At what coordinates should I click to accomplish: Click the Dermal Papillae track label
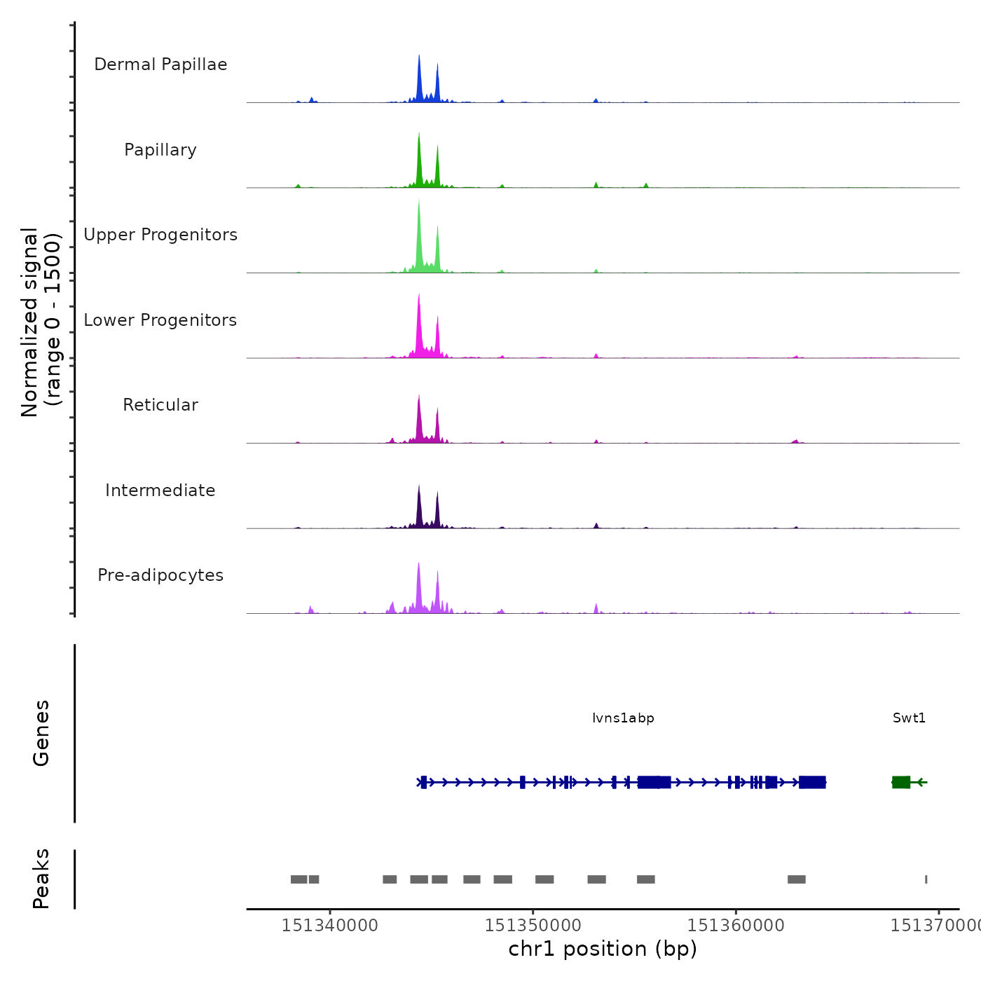click(x=160, y=64)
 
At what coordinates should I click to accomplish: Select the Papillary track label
click(x=160, y=150)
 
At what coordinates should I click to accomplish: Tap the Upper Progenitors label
click(x=160, y=235)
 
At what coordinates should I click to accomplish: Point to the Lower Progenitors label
click(x=160, y=320)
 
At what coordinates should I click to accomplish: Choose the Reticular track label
click(x=160, y=405)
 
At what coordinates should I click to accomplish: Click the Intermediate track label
click(x=160, y=490)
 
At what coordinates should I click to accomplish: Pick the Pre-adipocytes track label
click(x=160, y=575)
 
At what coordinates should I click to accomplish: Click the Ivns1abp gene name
click(x=623, y=718)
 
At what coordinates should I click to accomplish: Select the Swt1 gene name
click(x=909, y=718)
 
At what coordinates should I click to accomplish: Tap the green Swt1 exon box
click(x=901, y=782)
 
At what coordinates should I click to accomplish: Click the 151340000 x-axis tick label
click(x=329, y=926)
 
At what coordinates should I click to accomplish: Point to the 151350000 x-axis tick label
click(x=533, y=926)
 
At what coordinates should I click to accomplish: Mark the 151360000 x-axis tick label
click(x=736, y=926)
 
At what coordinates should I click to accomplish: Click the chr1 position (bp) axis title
click(x=603, y=949)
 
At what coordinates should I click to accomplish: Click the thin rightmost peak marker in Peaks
click(x=926, y=879)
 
